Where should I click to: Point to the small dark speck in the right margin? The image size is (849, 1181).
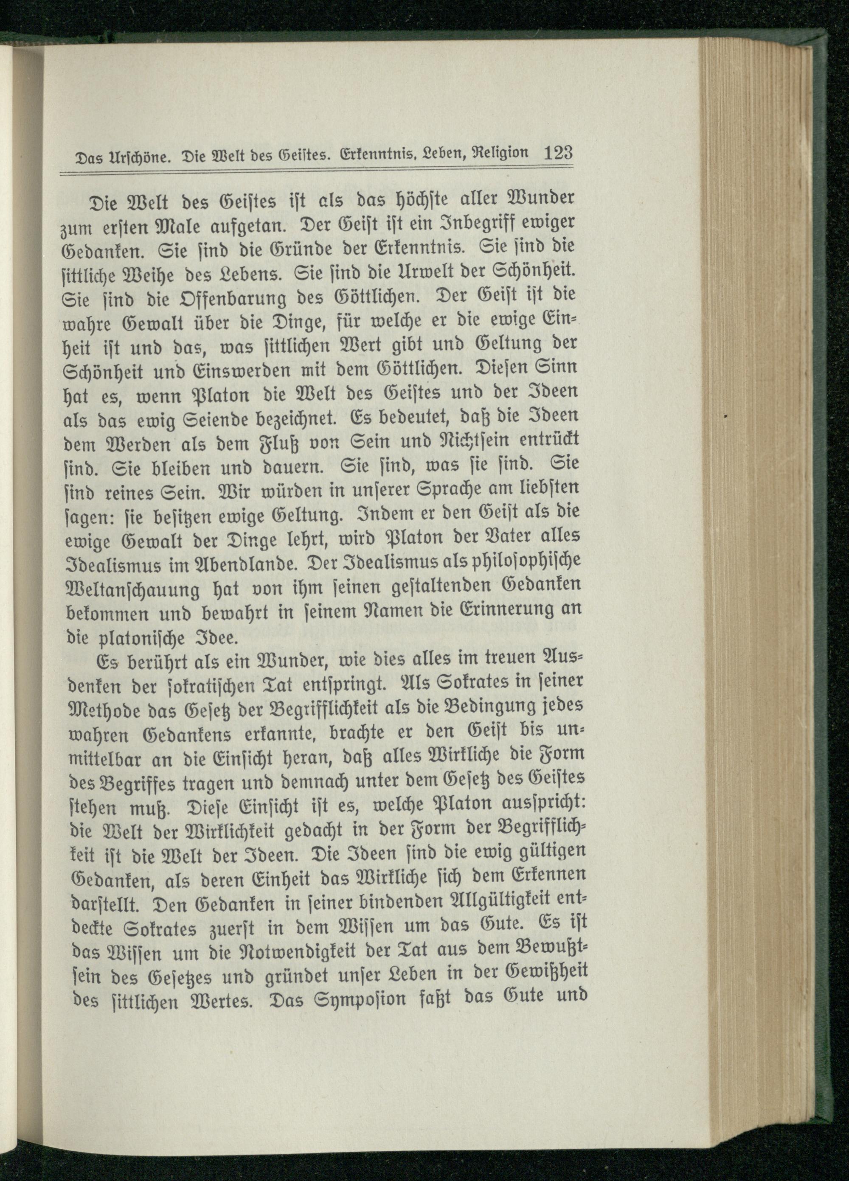coord(725,417)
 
